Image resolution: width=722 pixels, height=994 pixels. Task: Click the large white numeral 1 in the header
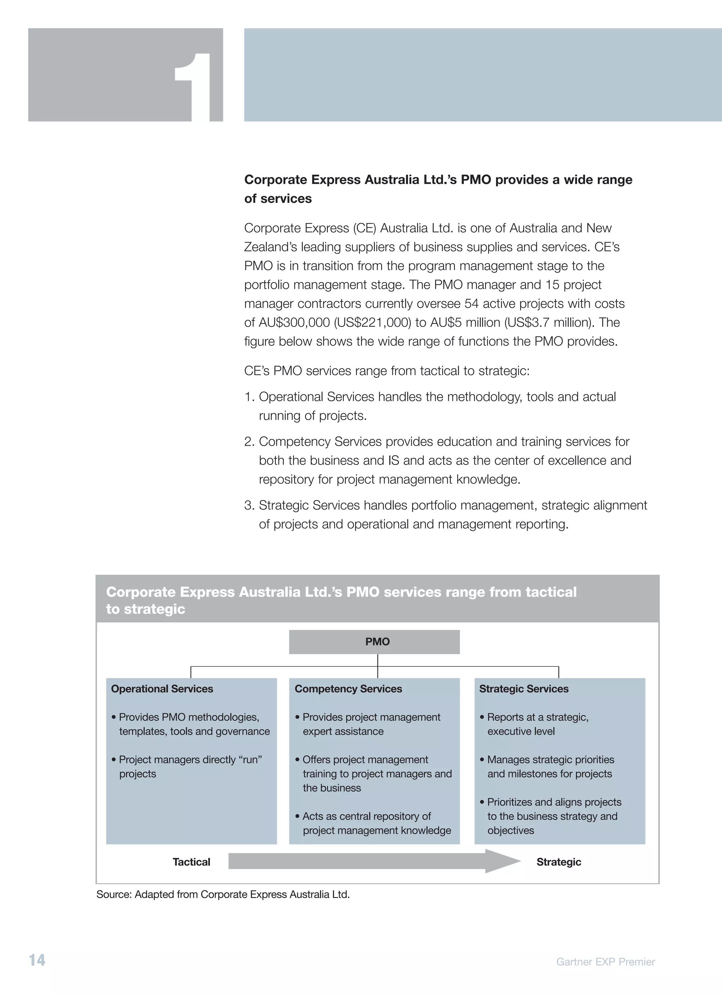pos(197,88)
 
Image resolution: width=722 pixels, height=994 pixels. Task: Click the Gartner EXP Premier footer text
pos(605,962)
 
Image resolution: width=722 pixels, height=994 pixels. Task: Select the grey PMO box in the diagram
pos(374,642)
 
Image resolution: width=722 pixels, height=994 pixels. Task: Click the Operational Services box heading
pos(162,689)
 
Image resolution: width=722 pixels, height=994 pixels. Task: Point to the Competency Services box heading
pos(348,689)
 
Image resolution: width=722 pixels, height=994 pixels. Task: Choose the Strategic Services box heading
pos(524,689)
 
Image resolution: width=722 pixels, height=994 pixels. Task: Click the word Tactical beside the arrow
pos(191,862)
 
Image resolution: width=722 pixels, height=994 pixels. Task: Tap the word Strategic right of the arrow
pos(558,862)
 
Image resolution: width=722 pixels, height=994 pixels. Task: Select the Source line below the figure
pos(223,895)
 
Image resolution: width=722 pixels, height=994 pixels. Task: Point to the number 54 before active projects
pos(471,304)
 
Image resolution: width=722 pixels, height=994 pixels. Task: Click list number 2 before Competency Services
pos(249,442)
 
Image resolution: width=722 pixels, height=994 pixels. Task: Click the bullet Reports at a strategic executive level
pos(538,724)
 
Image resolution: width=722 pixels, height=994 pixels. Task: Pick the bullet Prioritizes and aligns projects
pos(554,816)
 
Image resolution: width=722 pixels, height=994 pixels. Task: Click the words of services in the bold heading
pos(278,199)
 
